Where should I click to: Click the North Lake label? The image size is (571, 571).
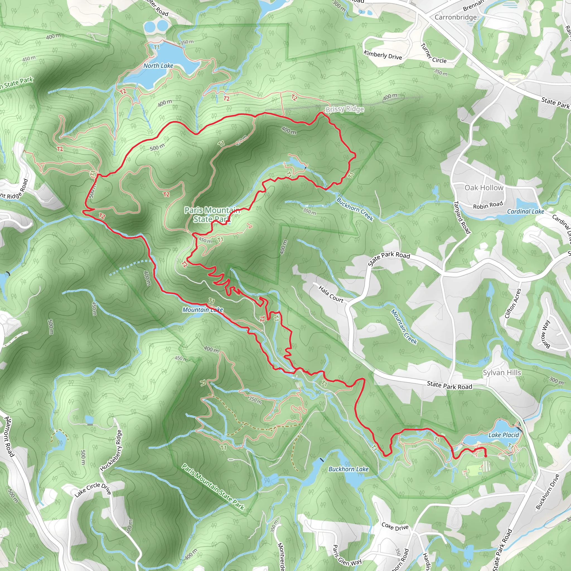pyautogui.click(x=158, y=66)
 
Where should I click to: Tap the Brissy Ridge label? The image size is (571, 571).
pyautogui.click(x=345, y=109)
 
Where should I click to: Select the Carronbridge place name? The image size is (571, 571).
pyautogui.click(x=456, y=17)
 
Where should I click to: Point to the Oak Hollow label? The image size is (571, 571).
pyautogui.click(x=484, y=188)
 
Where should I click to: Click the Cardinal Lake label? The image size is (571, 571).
pyautogui.click(x=526, y=211)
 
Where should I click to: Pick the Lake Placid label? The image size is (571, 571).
pyautogui.click(x=504, y=435)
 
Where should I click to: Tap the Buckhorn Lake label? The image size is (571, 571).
pyautogui.click(x=349, y=469)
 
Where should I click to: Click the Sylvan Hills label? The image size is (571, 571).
pyautogui.click(x=502, y=372)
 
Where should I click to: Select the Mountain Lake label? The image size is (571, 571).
pyautogui.click(x=202, y=310)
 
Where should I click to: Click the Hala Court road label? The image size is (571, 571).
pyautogui.click(x=331, y=294)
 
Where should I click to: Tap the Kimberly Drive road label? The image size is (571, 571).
pyautogui.click(x=383, y=55)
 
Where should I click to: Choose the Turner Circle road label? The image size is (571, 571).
pyautogui.click(x=433, y=54)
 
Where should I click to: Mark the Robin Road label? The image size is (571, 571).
pyautogui.click(x=488, y=205)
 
